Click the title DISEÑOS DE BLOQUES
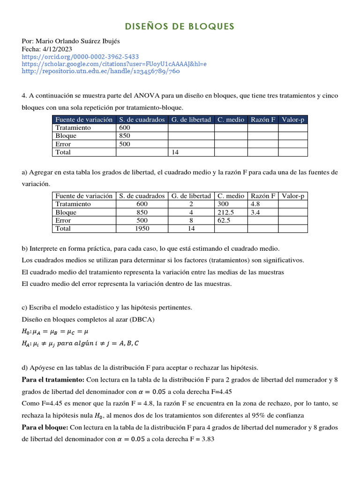pyautogui.click(x=180, y=26)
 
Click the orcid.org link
pyautogui.click(x=80, y=57)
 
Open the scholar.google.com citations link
pyautogui.click(x=114, y=64)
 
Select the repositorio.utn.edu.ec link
pyautogui.click(x=101, y=71)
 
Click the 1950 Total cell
pyautogui.click(x=142, y=228)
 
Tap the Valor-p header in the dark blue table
pyautogui.click(x=293, y=120)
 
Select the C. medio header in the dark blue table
pyautogui.click(x=231, y=120)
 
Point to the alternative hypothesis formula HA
pyautogui.click(x=80, y=343)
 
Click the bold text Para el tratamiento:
pyautogui.click(x=53, y=379)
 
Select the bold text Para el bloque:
pyautogui.click(x=45, y=427)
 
